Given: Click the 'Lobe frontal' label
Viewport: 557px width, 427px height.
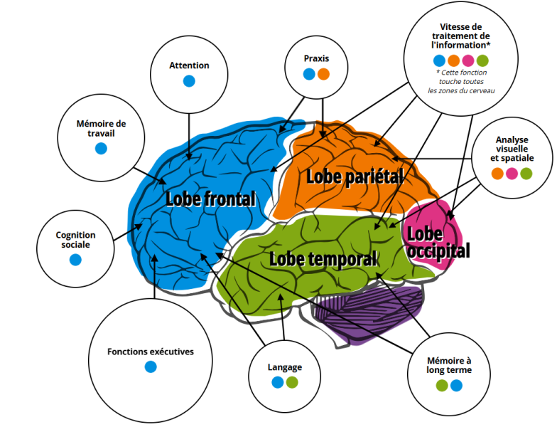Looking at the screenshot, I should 210,199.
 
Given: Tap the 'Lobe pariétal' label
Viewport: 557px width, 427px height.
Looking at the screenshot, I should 354,176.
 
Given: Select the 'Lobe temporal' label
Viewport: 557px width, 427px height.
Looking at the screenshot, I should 323,258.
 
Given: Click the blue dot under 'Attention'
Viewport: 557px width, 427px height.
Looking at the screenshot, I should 189,81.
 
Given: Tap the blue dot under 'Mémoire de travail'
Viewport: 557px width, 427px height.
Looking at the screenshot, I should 101,148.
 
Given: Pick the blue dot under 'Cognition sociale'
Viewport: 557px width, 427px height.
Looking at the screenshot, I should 75,260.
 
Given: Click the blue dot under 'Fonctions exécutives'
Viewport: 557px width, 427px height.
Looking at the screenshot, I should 150,367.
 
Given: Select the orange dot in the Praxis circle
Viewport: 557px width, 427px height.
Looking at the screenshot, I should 323,74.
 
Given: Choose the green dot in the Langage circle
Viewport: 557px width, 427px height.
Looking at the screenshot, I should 292,383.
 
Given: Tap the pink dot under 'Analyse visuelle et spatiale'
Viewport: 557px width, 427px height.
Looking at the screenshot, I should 512,174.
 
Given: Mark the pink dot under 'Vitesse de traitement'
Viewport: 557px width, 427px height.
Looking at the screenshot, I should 468,60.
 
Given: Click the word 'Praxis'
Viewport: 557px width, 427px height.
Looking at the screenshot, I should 316,58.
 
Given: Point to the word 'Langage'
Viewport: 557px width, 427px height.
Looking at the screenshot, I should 285,367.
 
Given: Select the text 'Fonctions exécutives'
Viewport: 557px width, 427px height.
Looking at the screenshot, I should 150,352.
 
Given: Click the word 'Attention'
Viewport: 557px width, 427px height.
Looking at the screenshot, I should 189,65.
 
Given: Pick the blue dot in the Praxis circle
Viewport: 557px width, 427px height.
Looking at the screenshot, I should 308,74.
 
